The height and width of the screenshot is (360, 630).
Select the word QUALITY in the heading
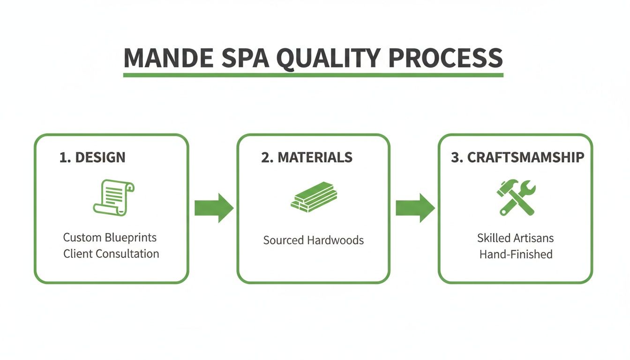tap(328, 58)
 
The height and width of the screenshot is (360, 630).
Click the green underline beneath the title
tap(313, 75)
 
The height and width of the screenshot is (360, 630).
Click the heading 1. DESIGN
tap(92, 157)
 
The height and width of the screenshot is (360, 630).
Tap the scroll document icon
tap(113, 197)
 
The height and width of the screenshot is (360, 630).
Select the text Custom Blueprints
tap(110, 237)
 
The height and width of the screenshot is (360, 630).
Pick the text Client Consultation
tap(111, 254)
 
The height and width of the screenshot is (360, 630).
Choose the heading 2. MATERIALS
tap(307, 157)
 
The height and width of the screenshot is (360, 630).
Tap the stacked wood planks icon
tap(314, 197)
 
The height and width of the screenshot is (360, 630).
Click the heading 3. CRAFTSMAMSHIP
tap(517, 157)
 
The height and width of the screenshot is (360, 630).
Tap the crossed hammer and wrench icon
tap(516, 197)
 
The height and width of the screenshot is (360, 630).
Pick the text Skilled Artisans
tap(515, 238)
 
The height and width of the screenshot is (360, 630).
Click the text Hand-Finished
tap(516, 255)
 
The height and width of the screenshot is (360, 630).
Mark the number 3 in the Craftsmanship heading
tap(454, 157)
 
